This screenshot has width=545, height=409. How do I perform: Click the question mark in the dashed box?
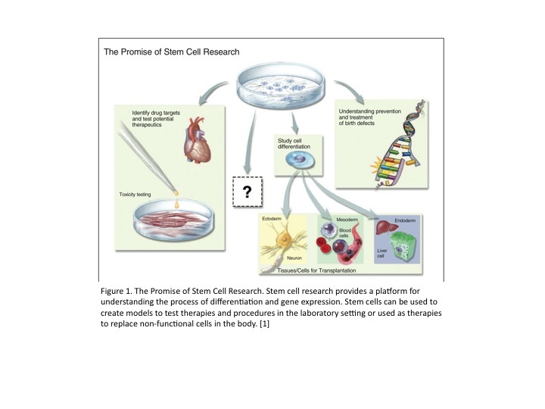coord(245,193)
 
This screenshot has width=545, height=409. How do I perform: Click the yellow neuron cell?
coord(287,242)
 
